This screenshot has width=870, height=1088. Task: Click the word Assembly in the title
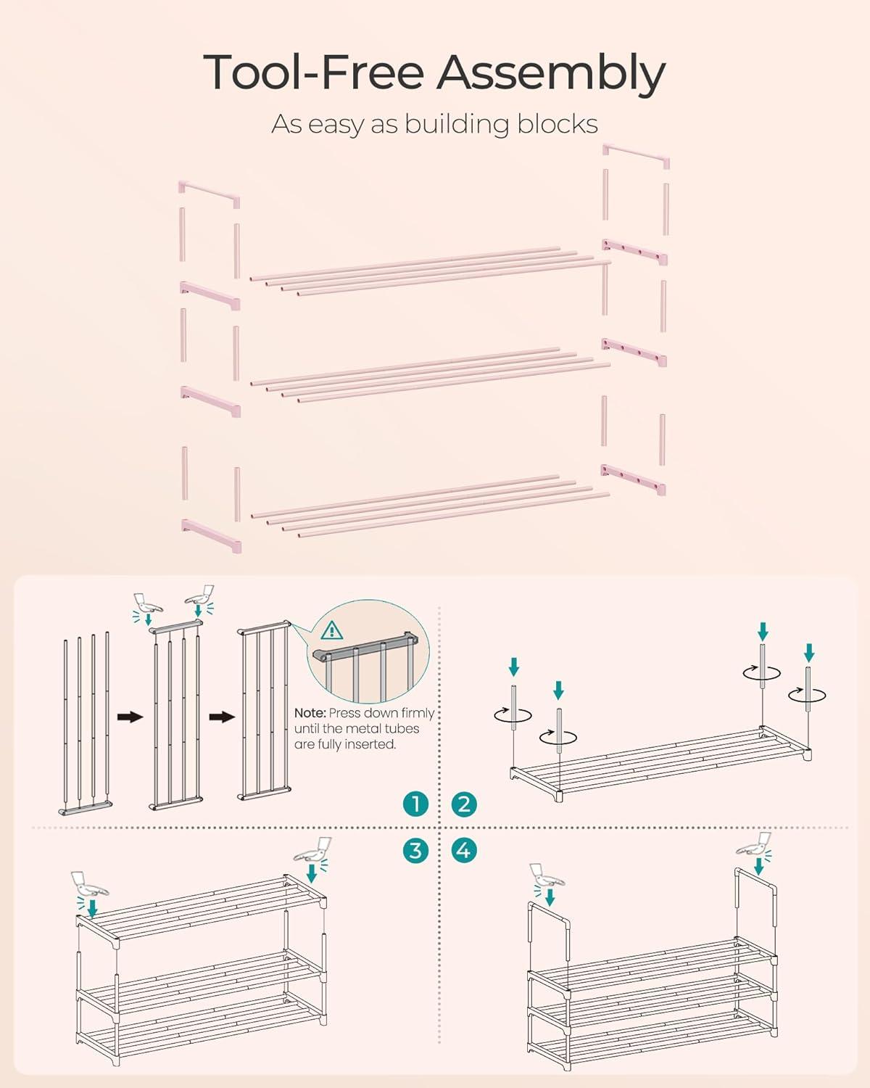pos(550,74)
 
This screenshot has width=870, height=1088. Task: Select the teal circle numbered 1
pos(415,804)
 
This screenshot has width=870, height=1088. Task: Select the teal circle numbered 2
pos(463,804)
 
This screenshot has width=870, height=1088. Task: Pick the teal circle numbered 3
pos(415,850)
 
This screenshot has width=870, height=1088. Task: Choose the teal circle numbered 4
pos(463,850)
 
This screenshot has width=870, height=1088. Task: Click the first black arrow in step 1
pos(130,717)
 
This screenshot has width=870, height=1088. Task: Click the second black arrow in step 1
pos(222,717)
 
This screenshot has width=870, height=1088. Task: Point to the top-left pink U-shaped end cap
pos(209,194)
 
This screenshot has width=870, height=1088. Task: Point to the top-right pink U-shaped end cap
pos(637,156)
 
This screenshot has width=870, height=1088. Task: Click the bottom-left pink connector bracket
pos(211,536)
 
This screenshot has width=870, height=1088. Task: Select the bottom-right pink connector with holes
pos(634,479)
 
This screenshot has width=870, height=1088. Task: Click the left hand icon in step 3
pos(89,883)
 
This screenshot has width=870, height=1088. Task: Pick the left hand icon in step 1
pos(147,603)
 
